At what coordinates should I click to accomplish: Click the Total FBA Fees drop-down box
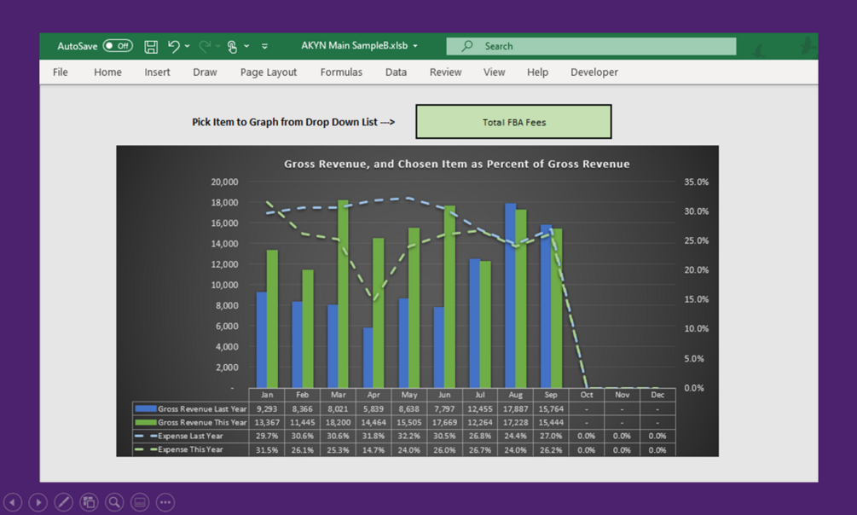point(513,122)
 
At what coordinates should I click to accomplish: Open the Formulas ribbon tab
point(341,72)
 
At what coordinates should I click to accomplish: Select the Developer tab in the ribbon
point(594,72)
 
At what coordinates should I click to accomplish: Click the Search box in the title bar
point(591,46)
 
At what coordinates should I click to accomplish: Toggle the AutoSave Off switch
point(118,46)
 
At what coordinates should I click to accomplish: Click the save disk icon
point(151,46)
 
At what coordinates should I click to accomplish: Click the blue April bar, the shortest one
point(368,357)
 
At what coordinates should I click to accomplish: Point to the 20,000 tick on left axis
point(224,182)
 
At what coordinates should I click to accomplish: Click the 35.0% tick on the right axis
point(696,182)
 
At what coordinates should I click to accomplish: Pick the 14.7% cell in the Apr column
point(373,449)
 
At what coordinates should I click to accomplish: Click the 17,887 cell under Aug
point(515,408)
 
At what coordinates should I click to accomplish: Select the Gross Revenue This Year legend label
point(201,422)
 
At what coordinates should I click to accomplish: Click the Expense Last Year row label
point(190,436)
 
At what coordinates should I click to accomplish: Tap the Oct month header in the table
point(587,395)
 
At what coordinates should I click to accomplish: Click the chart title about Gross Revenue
point(456,164)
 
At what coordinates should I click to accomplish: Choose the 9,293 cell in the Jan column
point(267,408)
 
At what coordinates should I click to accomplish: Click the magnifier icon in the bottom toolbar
point(114,502)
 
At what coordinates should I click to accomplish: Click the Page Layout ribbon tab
point(268,72)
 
